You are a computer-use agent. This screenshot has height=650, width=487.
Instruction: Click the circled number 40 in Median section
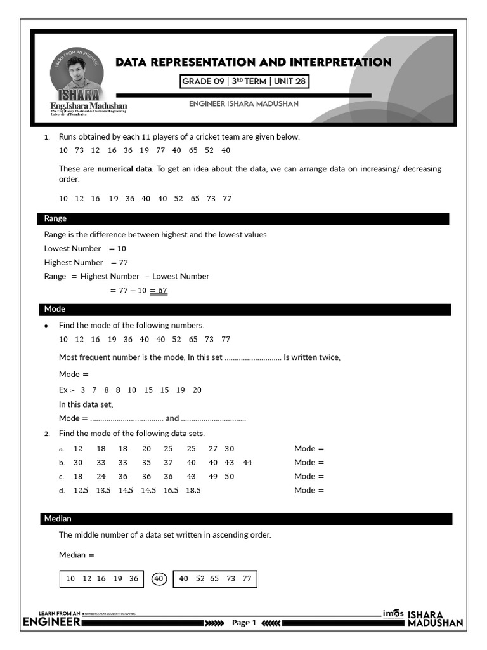click(159, 578)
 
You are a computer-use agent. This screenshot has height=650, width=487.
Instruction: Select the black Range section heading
click(243, 219)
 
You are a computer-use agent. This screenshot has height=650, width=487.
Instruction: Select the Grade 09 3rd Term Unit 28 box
click(244, 82)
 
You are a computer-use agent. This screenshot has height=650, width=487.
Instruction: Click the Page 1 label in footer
click(243, 623)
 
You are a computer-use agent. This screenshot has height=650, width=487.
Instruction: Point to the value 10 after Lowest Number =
click(121, 249)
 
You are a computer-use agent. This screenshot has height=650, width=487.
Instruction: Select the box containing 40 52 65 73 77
click(215, 579)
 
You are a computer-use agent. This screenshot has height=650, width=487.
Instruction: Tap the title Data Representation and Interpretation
click(253, 62)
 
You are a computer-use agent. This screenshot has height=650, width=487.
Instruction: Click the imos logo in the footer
click(393, 614)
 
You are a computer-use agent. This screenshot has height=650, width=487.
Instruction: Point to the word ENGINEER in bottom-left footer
click(51, 623)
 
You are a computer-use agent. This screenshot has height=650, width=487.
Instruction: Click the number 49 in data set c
click(212, 477)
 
